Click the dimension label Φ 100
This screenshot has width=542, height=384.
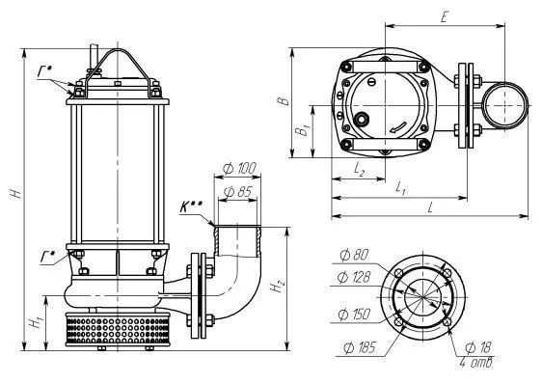point(239,169)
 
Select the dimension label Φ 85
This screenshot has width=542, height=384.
point(238,192)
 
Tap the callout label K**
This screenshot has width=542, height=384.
point(191,206)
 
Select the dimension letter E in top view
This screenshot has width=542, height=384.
point(445,17)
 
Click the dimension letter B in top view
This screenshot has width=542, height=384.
point(284,101)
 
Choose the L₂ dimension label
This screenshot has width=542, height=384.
point(360,169)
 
